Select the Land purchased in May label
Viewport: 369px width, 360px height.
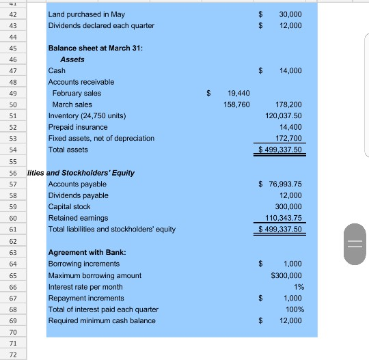point(87,14)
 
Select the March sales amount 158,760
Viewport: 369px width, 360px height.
point(236,105)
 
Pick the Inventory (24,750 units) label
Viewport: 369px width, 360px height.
point(87,115)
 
